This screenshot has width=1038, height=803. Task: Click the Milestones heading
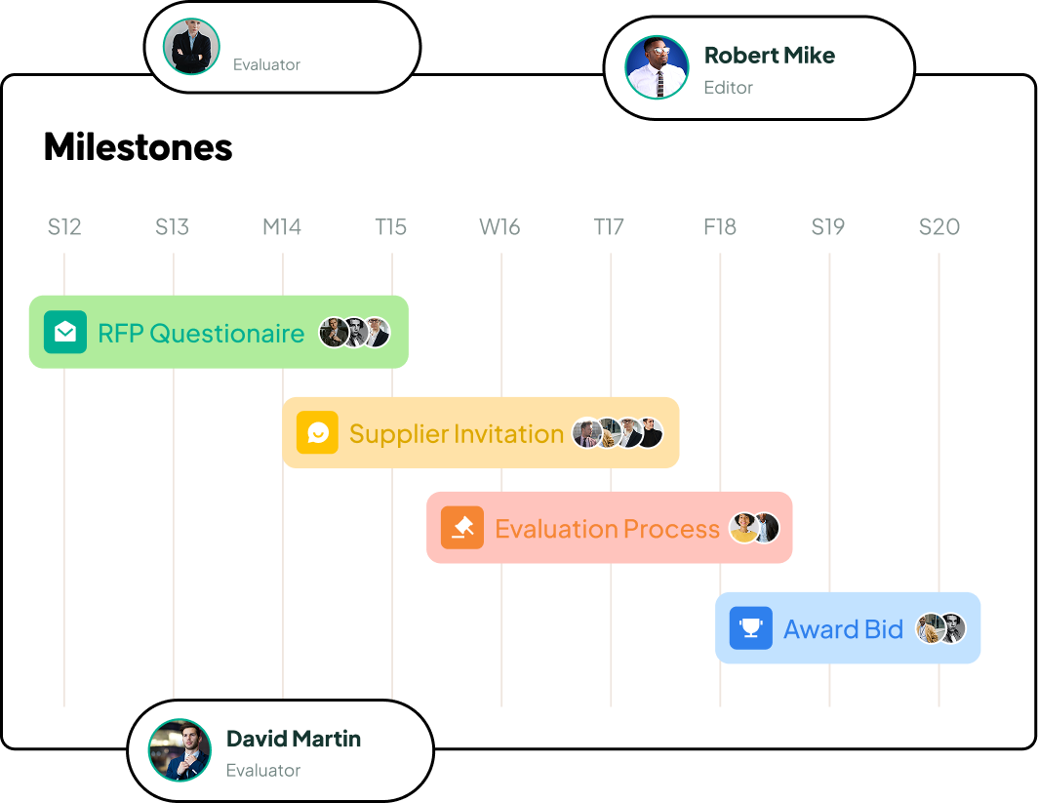(139, 147)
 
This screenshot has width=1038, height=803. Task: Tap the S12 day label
(64, 227)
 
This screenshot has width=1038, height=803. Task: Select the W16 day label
(499, 227)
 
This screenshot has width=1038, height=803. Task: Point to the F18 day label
(720, 227)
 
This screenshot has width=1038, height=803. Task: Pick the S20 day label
(939, 227)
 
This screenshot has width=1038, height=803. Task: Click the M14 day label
(282, 227)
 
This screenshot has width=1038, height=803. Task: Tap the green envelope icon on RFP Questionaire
(64, 332)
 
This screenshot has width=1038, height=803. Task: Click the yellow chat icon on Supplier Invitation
(317, 433)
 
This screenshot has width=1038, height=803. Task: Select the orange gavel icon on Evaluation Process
(462, 528)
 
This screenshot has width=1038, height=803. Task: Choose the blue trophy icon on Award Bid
(751, 627)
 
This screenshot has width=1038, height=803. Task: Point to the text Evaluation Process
(607, 529)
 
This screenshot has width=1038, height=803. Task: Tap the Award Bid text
(843, 629)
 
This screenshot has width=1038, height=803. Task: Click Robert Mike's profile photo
(657, 67)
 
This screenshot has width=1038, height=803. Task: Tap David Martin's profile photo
(180, 750)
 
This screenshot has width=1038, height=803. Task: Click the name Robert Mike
(769, 56)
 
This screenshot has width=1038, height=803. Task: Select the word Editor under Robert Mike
(728, 88)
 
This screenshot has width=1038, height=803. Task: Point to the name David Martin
(294, 739)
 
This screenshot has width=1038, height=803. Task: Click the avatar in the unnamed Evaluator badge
(191, 46)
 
